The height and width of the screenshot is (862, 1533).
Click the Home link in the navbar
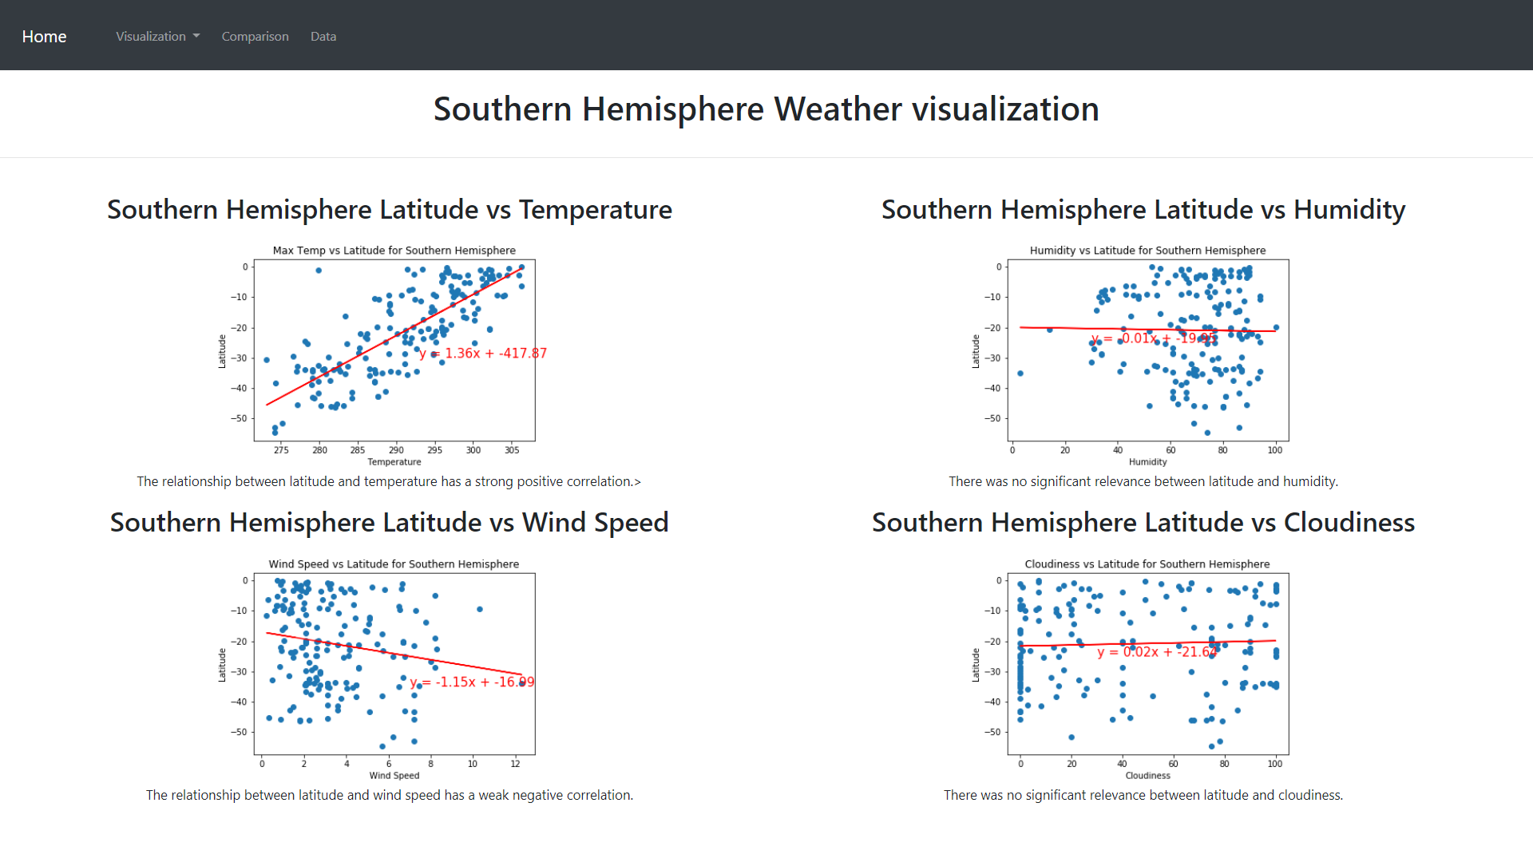click(44, 37)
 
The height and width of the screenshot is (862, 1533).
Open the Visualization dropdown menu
click(157, 37)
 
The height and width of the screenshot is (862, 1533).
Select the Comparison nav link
click(255, 37)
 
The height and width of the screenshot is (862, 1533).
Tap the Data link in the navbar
click(323, 37)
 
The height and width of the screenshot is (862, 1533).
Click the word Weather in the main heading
click(838, 109)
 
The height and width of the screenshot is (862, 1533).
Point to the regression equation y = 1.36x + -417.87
click(483, 353)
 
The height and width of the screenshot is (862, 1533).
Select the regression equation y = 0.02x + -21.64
click(1158, 652)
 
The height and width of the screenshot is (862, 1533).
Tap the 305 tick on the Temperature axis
click(512, 450)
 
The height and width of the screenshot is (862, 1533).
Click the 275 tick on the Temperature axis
click(281, 450)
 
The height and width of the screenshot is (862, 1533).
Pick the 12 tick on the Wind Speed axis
click(515, 764)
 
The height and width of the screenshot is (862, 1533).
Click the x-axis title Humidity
click(1147, 462)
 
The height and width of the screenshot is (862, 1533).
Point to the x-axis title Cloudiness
click(1147, 776)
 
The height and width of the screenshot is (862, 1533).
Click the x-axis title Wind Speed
click(394, 776)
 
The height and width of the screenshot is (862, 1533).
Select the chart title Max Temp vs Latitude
click(394, 251)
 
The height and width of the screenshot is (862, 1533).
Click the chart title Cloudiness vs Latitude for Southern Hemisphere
click(1147, 564)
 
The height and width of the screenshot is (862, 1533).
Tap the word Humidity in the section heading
click(1349, 210)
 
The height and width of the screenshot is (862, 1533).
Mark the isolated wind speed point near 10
click(480, 609)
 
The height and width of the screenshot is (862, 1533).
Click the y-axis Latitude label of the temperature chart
click(222, 351)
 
